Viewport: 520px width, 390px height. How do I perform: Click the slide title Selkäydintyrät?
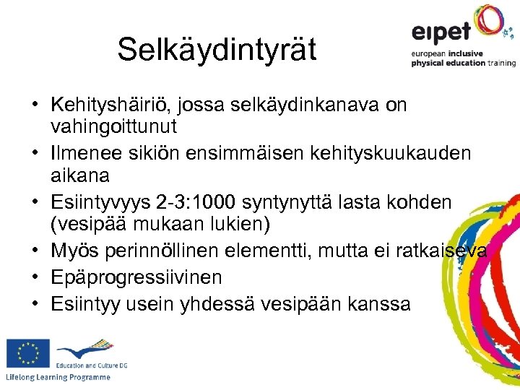click(x=217, y=49)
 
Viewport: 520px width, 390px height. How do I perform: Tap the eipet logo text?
click(x=441, y=32)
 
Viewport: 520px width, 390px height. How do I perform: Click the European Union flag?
click(x=27, y=353)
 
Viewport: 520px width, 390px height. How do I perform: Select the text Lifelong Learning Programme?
click(x=58, y=378)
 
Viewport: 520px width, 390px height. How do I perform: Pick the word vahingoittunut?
click(x=114, y=127)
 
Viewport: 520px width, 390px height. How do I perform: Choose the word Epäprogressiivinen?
click(x=136, y=277)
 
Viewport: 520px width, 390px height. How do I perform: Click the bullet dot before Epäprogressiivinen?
click(x=34, y=277)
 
